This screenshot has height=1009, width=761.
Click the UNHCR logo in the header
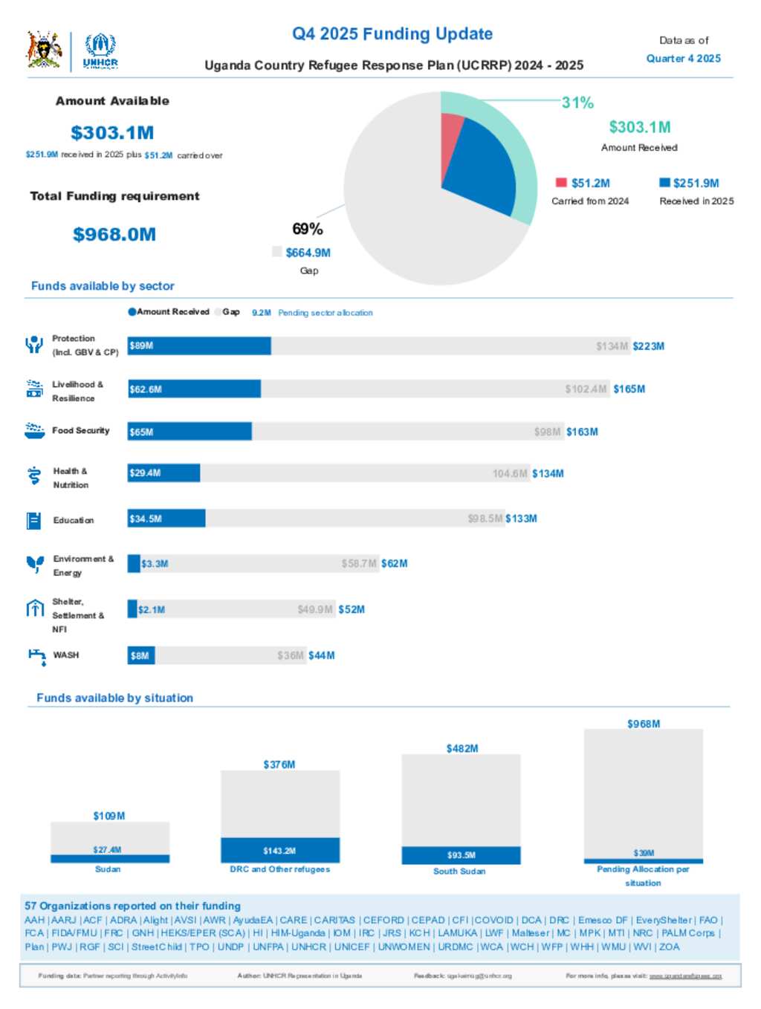(100, 51)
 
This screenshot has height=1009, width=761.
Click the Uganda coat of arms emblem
(45, 50)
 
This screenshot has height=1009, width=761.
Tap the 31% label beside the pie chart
(577, 103)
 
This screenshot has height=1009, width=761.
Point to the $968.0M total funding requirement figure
(114, 235)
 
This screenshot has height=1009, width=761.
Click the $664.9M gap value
(308, 253)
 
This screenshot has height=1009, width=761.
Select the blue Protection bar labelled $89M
(199, 345)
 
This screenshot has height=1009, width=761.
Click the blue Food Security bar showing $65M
(190, 432)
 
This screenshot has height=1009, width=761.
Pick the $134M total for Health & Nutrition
(548, 473)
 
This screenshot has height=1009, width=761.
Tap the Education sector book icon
(33, 520)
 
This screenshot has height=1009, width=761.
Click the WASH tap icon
(36, 656)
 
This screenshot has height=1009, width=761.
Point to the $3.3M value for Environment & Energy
(155, 564)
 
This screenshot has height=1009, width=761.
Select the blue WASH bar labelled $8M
(141, 655)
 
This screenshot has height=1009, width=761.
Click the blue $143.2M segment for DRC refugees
(279, 850)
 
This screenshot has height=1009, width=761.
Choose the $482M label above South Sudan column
(462, 748)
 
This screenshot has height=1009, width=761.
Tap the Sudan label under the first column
(108, 869)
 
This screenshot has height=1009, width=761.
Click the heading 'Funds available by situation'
(115, 698)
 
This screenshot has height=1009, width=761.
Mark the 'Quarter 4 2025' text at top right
(683, 58)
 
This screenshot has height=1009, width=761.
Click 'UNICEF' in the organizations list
(352, 947)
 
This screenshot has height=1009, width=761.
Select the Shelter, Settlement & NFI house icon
(35, 609)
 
